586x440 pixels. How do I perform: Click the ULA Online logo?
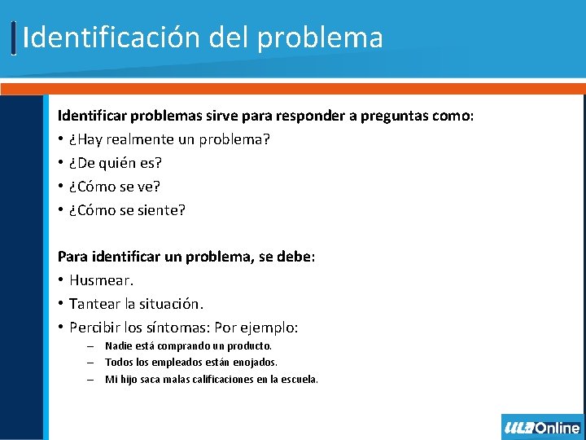542,428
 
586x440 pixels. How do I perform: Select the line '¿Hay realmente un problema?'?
169,140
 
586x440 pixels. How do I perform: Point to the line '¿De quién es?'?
116,163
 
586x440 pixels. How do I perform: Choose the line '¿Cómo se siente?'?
127,210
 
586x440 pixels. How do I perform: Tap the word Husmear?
101,280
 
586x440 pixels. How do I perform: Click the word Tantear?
94,304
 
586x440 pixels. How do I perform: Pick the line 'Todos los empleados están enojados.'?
191,363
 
